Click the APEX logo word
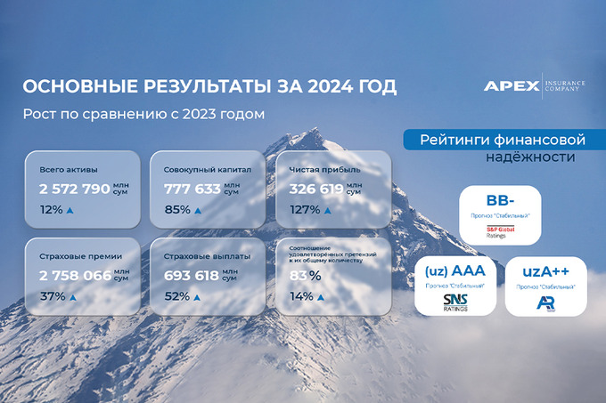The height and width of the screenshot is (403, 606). point(512,86)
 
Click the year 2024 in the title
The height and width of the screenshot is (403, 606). point(326,87)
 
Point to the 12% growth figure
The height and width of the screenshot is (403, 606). point(51,210)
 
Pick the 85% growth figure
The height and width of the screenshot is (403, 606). point(176,210)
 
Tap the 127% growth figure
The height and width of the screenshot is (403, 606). point(305,210)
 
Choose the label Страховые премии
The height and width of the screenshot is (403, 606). point(80,255)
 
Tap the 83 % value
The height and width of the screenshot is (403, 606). point(305,276)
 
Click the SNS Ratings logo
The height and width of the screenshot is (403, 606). point(454,302)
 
